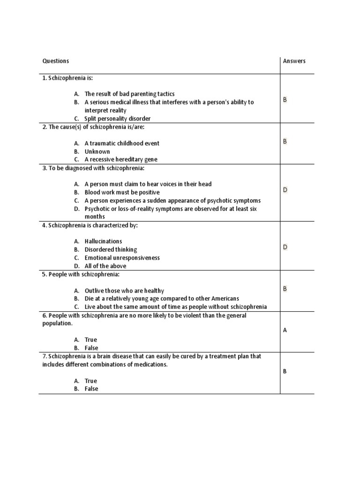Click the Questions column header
tap(55, 61)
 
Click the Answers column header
tap(294, 61)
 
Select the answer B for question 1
tap(285, 100)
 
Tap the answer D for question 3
tap(285, 190)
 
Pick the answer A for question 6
tap(285, 330)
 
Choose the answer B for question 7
tap(285, 371)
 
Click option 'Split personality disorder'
tap(117, 119)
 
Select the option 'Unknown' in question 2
tap(97, 151)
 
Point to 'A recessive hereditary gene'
tap(121, 159)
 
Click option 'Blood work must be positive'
tap(122, 192)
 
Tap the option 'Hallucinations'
tap(103, 241)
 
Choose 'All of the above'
tap(105, 266)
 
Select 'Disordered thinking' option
tap(111, 249)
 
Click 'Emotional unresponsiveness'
tap(122, 258)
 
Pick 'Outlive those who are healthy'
tap(124, 291)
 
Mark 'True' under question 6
tap(90, 339)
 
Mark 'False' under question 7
tap(91, 389)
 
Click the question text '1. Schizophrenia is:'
tap(71, 78)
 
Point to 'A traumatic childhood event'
tap(122, 143)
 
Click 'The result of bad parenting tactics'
tap(129, 94)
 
